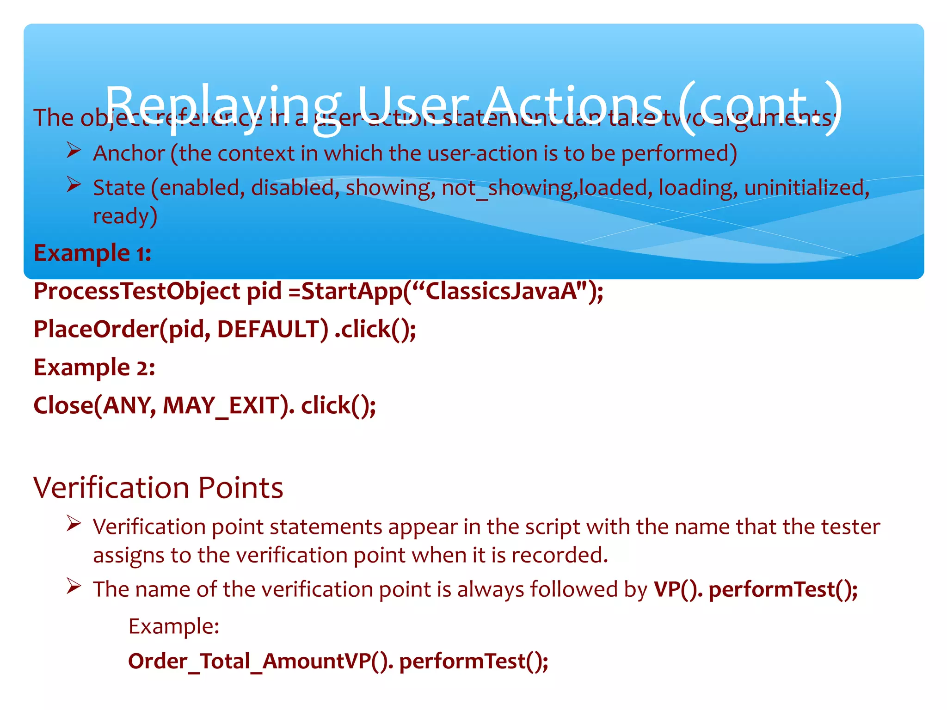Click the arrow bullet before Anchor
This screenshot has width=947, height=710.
74,150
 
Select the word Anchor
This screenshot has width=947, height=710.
129,153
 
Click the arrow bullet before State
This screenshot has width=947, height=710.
74,184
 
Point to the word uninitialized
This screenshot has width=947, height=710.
806,188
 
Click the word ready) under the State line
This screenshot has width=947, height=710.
125,216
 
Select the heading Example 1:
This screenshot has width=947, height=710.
92,253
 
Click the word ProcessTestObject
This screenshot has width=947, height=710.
137,292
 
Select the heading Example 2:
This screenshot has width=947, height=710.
94,368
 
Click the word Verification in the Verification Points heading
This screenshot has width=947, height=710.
111,488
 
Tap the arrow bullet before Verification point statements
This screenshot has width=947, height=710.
74,524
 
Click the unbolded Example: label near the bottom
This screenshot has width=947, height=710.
174,627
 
